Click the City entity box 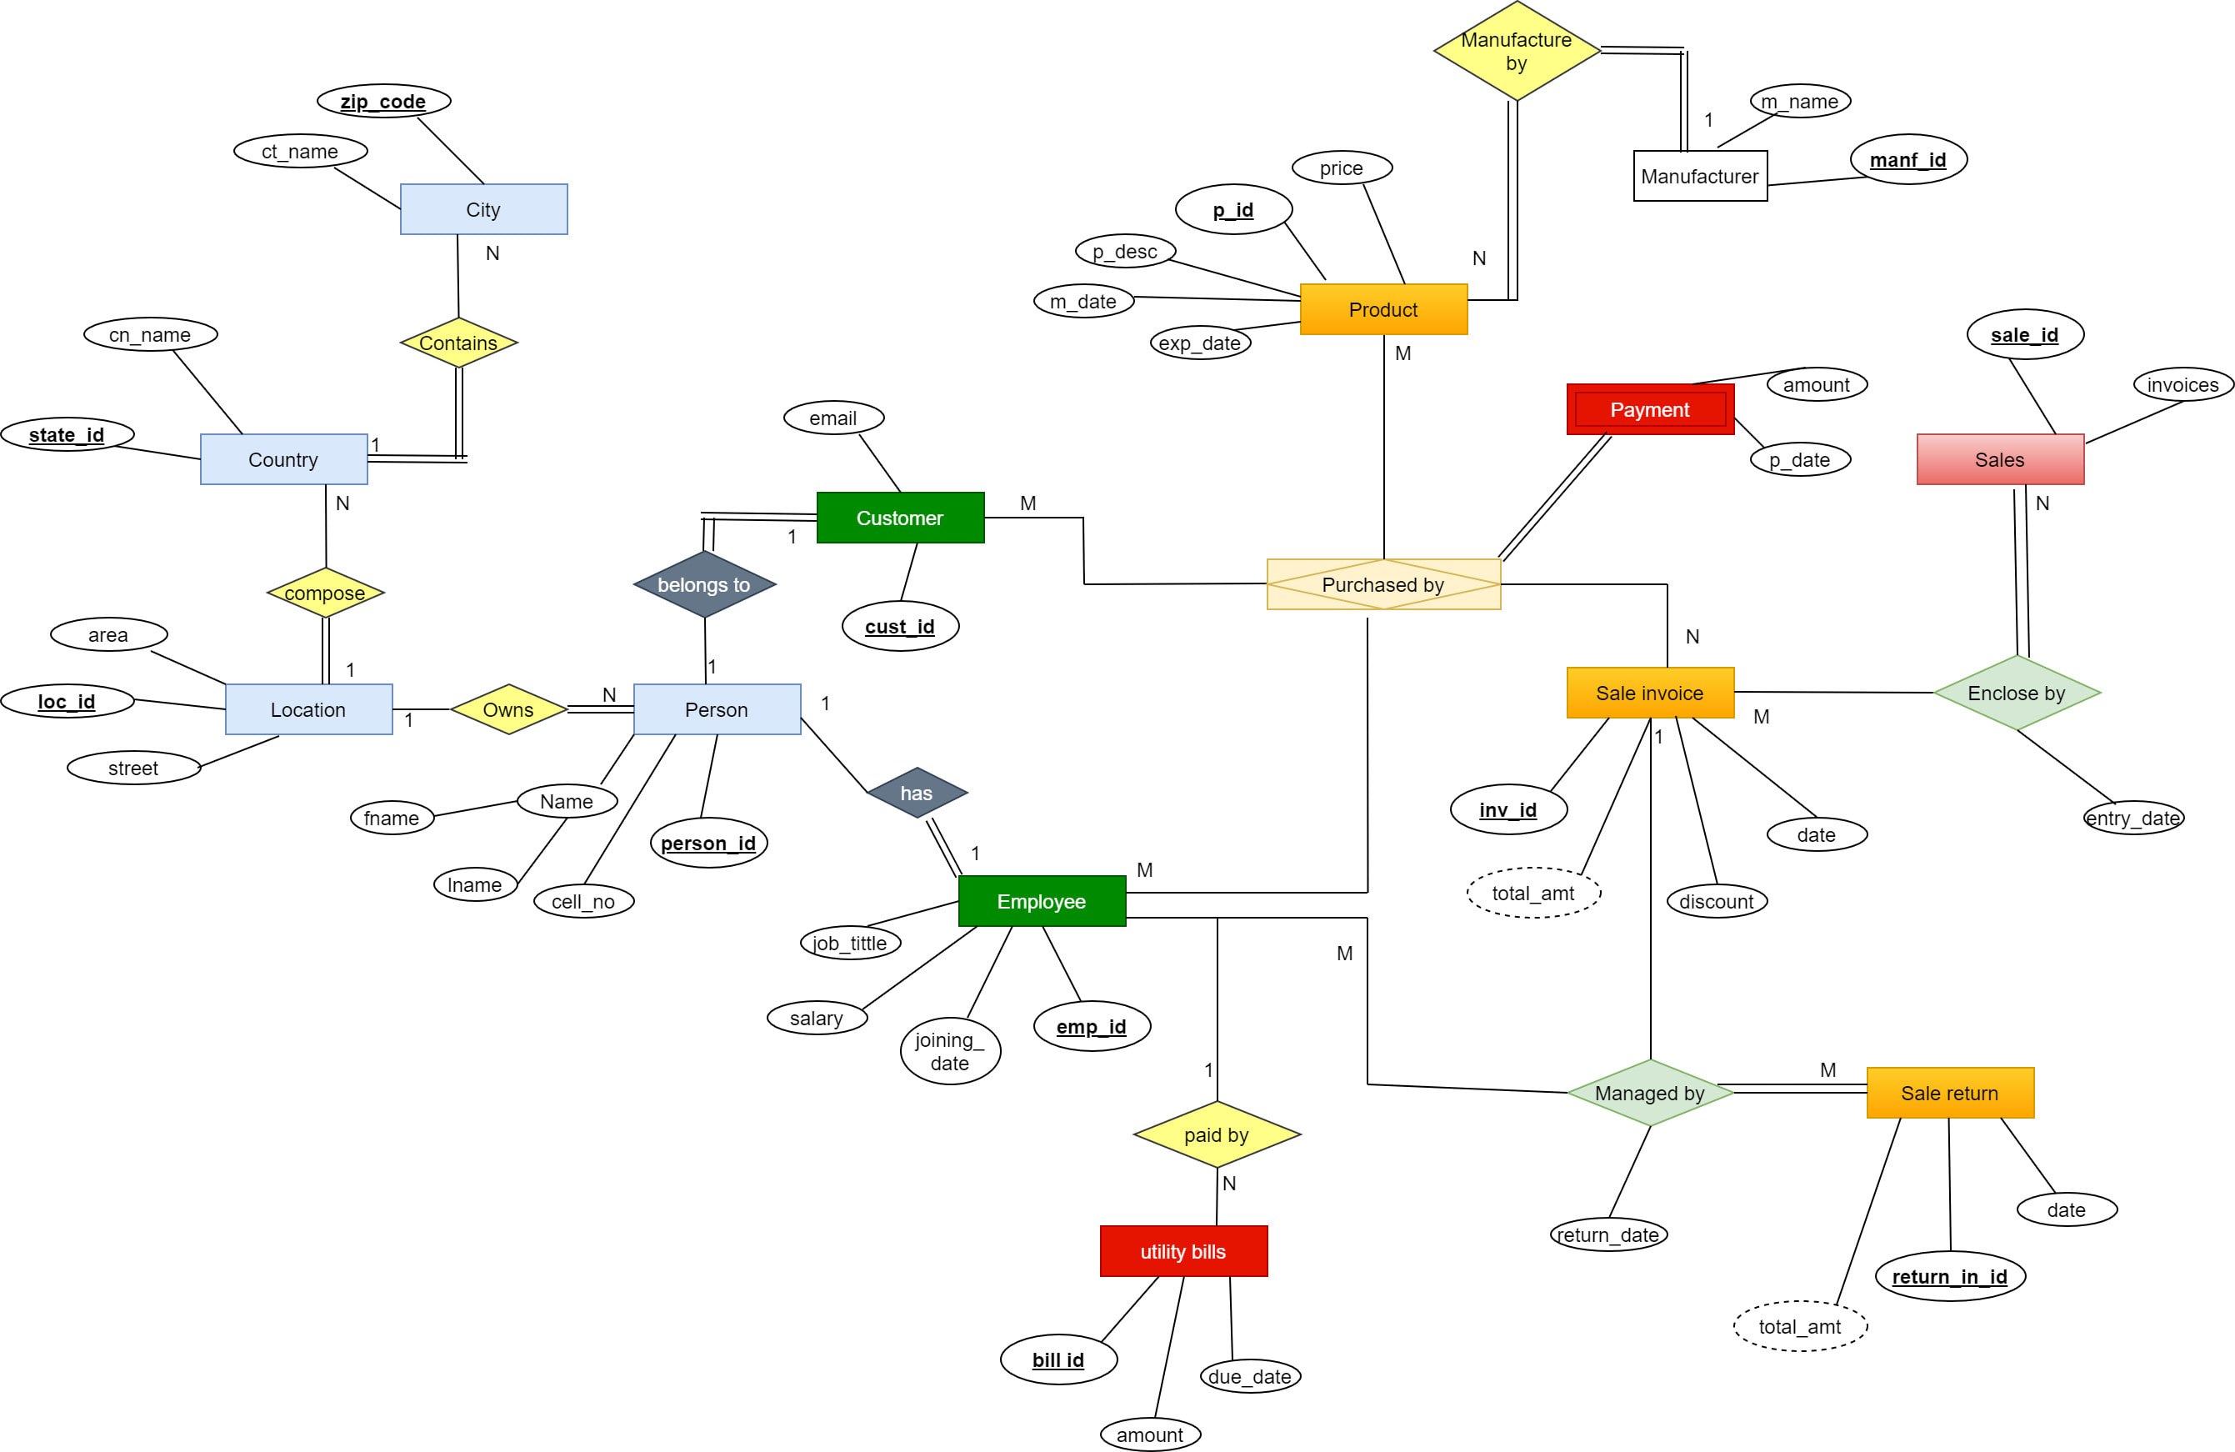[x=482, y=208]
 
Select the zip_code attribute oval [x=383, y=101]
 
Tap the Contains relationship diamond [x=458, y=343]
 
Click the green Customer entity [x=900, y=518]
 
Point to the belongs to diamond [x=704, y=584]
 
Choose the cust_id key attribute [x=900, y=627]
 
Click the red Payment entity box [x=1649, y=409]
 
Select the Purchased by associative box [x=1382, y=584]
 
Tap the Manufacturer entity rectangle [x=1699, y=176]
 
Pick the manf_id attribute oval [x=1907, y=160]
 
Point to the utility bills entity [x=1182, y=1251]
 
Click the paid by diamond [x=1216, y=1134]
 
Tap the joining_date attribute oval [x=949, y=1051]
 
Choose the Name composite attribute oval [x=567, y=801]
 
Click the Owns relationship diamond [x=508, y=709]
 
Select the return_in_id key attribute [x=1948, y=1276]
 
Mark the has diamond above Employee [x=917, y=793]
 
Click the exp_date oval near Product [x=1199, y=343]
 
